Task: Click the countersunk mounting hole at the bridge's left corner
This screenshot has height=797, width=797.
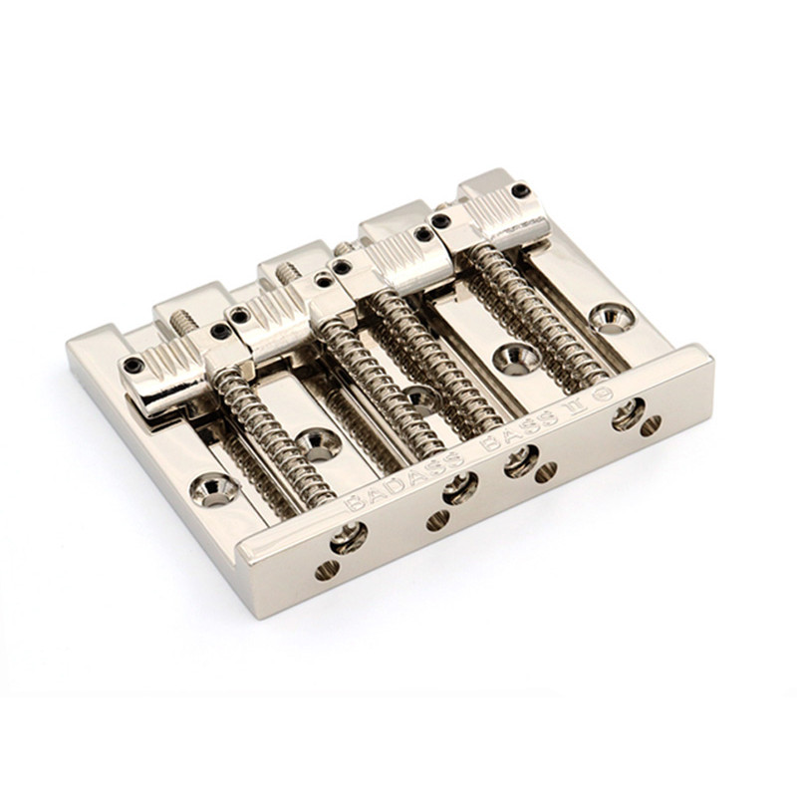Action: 214,489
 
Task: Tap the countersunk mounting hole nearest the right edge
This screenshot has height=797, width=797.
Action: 613,317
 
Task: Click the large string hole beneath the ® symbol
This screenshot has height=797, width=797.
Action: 629,414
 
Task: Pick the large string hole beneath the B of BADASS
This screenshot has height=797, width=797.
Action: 349,538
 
